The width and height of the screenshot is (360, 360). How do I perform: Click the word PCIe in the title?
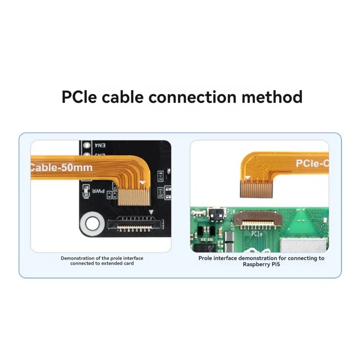tap(79, 97)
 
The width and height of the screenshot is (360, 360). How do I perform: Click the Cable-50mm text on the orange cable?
tap(62, 168)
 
